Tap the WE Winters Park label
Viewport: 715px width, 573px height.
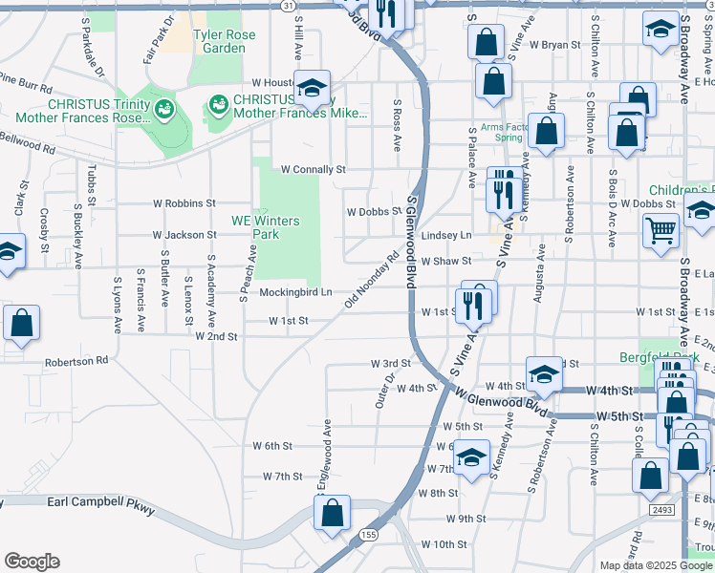click(266, 227)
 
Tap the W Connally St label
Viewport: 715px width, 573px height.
click(312, 170)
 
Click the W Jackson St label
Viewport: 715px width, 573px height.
click(185, 235)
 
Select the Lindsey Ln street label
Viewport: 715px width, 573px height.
click(447, 235)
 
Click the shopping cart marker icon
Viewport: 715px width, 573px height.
click(661, 229)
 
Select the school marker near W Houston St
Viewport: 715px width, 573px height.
click(312, 89)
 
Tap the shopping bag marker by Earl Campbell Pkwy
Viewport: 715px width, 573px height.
click(332, 514)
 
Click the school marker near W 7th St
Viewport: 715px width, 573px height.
click(471, 457)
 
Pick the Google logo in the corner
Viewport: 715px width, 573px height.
click(32, 562)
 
